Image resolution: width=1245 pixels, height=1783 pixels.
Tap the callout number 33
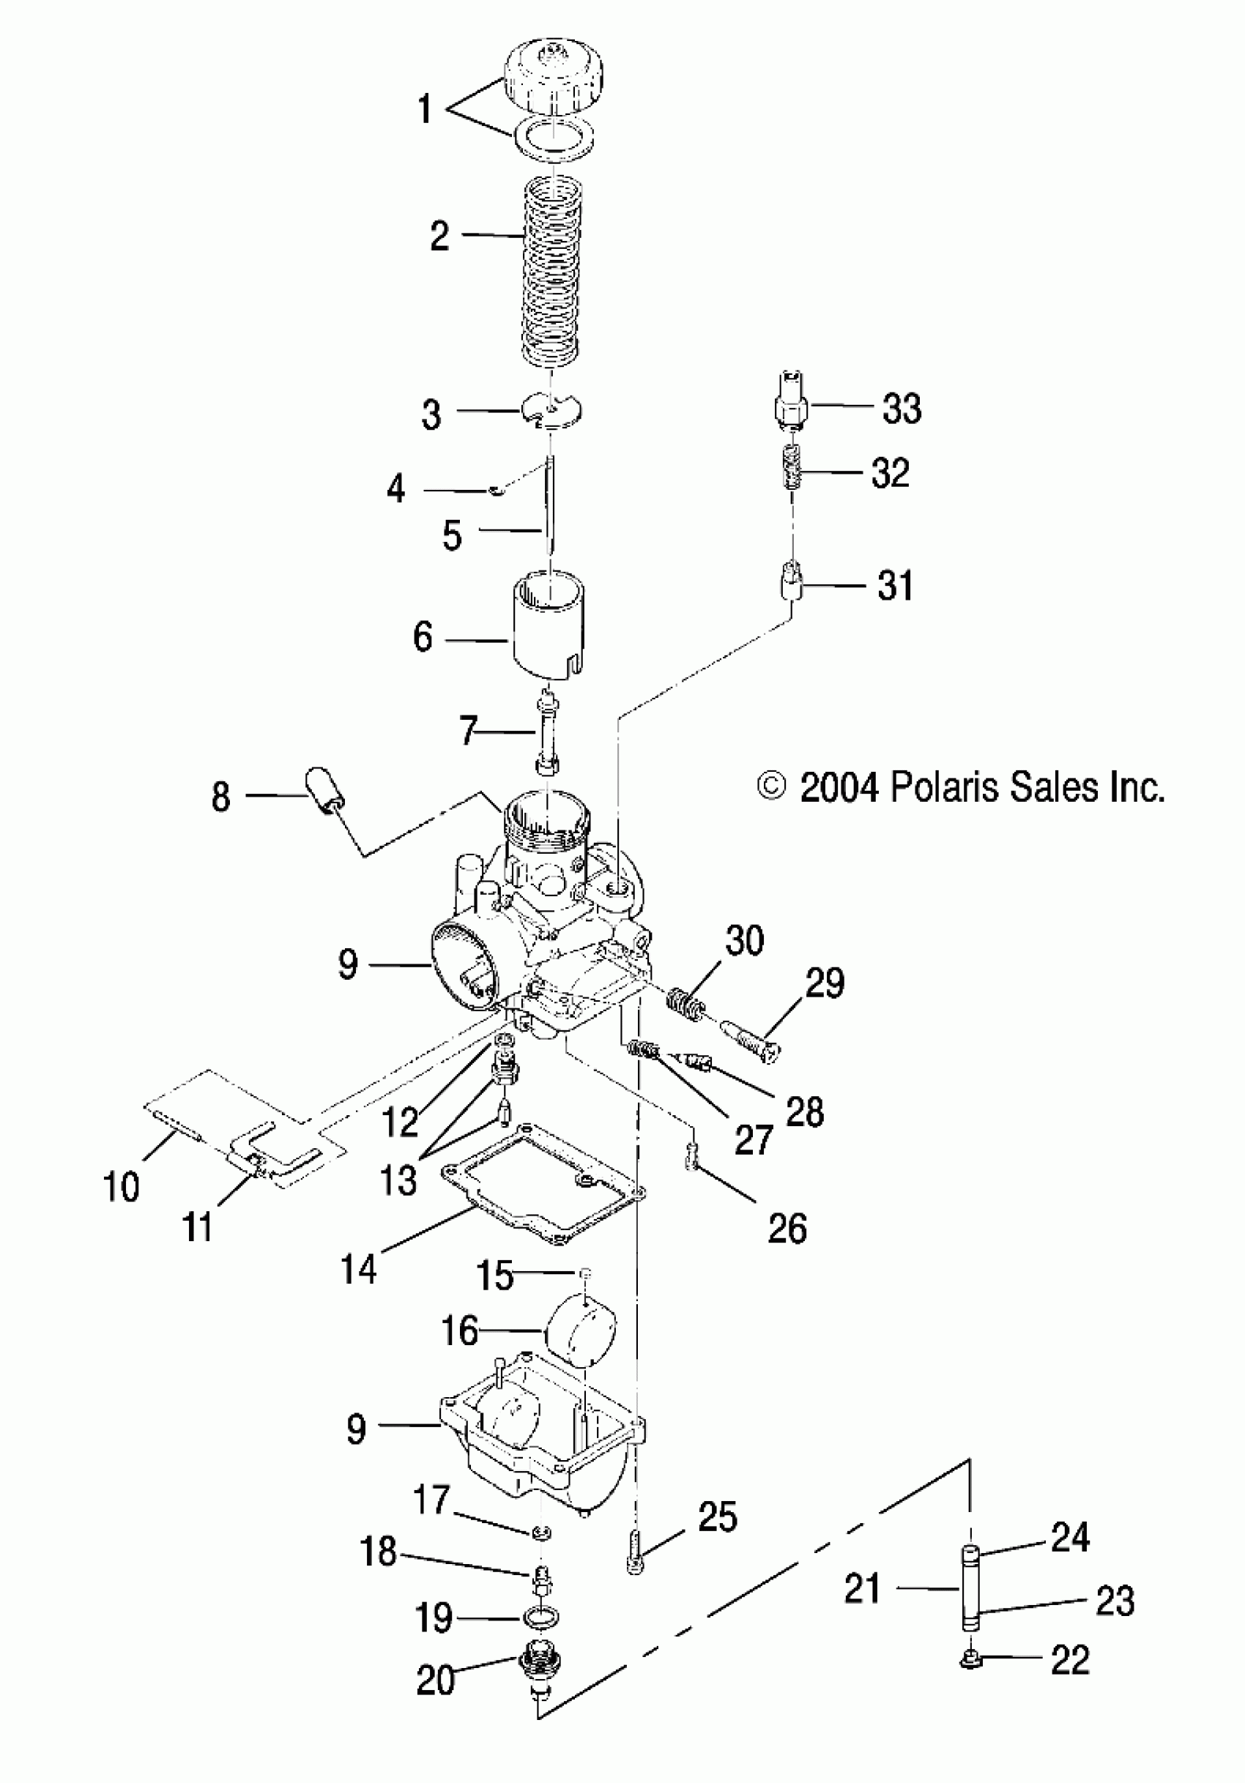tap(902, 408)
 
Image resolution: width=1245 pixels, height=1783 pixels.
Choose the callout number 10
tap(121, 1187)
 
